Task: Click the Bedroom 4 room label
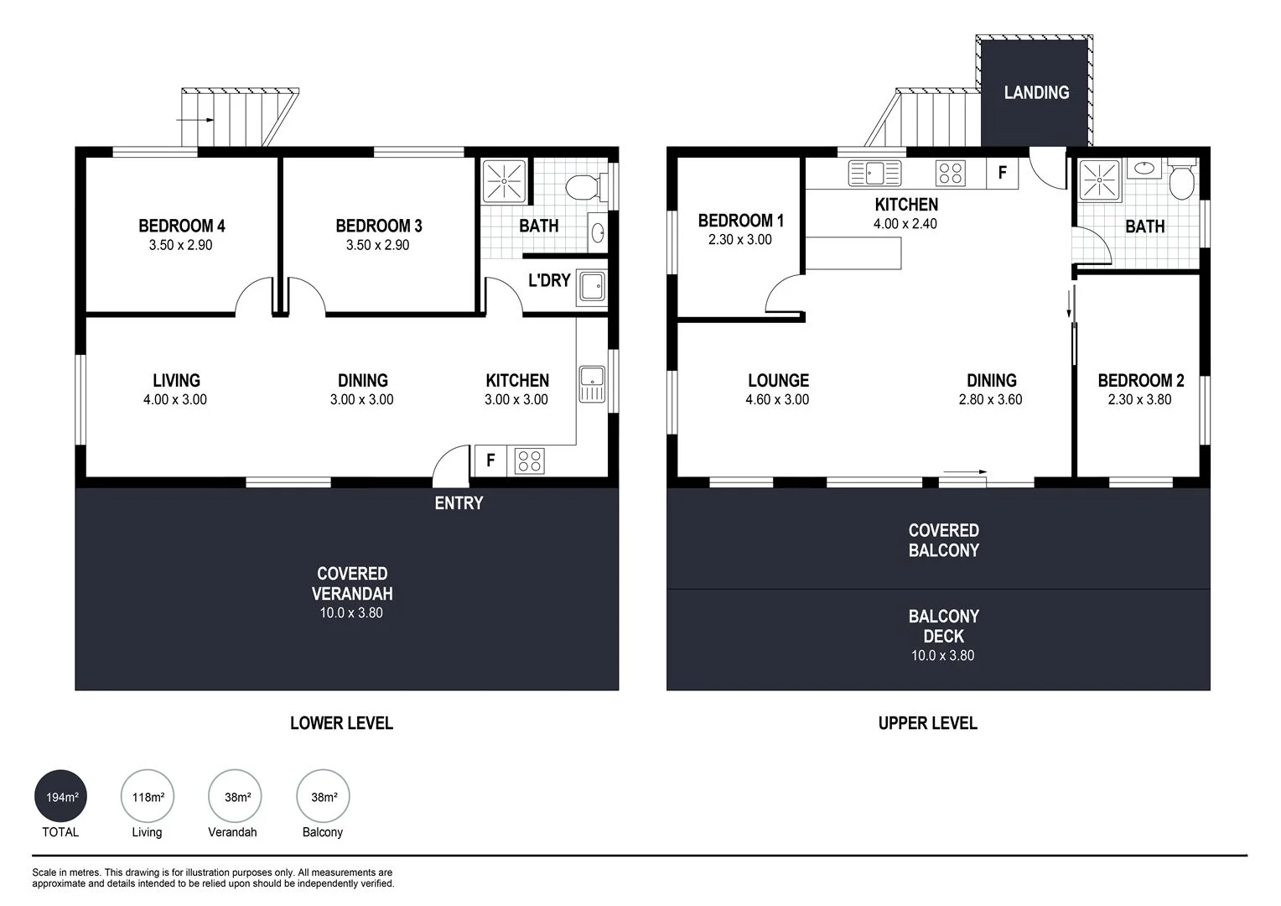(x=181, y=226)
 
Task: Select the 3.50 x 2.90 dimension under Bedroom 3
(x=377, y=245)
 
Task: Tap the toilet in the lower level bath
(x=580, y=187)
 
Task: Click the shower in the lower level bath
(x=504, y=180)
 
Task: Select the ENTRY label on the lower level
(x=459, y=503)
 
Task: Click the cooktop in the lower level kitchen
(x=530, y=461)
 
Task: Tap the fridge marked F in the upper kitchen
(x=1002, y=174)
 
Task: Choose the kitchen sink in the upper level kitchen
(x=874, y=174)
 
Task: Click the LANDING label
(x=1036, y=92)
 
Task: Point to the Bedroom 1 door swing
(x=782, y=297)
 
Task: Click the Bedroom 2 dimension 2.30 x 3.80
(x=1139, y=400)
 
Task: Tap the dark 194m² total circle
(x=60, y=797)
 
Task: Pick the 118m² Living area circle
(x=148, y=797)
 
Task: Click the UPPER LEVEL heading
(x=927, y=723)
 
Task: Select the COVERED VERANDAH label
(x=352, y=583)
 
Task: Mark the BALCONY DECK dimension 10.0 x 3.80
(x=942, y=656)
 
